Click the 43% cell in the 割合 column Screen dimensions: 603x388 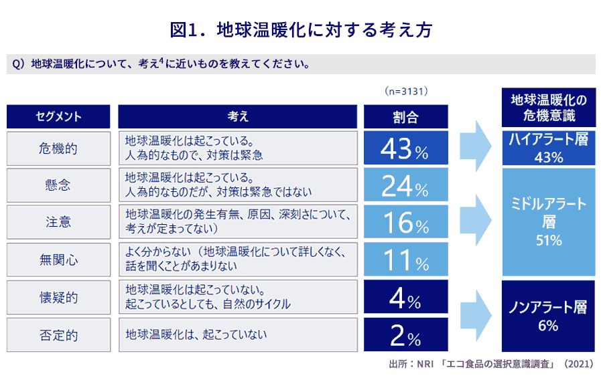click(406, 148)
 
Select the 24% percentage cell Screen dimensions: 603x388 click(406, 185)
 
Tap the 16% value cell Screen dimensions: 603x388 click(406, 221)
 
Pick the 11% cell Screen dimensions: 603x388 click(406, 260)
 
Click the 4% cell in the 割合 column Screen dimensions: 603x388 click(406, 296)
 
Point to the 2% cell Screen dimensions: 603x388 click(406, 334)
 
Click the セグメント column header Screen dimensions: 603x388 click(58, 116)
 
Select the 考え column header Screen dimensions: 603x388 click(238, 116)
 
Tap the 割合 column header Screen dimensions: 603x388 click(406, 116)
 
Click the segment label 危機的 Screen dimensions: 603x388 click(58, 149)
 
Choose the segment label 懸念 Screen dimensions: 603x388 click(58, 185)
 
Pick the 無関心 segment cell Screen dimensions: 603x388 click(58, 260)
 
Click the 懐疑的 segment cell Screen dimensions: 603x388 click(58, 297)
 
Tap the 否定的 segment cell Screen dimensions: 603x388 click(58, 335)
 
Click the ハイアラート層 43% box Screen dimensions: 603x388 click(548, 148)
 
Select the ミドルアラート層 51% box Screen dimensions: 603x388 click(548, 222)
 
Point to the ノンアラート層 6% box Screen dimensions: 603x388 click(548, 316)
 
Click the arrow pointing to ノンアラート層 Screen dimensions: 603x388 click(476, 315)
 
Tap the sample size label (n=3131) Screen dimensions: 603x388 click(406, 91)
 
